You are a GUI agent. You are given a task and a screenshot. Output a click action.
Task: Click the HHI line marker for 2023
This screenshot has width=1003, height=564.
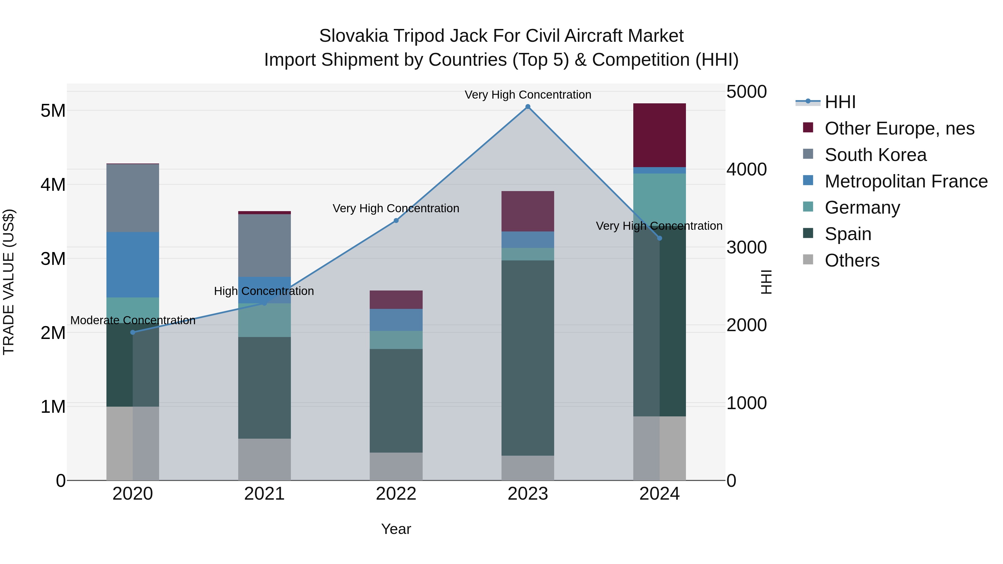pyautogui.click(x=528, y=107)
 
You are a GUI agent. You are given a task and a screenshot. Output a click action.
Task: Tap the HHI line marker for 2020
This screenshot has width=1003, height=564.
pyautogui.click(x=133, y=332)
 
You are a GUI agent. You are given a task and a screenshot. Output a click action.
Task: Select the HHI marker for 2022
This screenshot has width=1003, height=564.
pyautogui.click(x=396, y=221)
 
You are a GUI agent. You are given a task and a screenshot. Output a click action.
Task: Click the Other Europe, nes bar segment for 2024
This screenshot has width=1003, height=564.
pyautogui.click(x=659, y=135)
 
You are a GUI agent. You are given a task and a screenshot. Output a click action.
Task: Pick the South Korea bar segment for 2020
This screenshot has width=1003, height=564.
pyautogui.click(x=133, y=198)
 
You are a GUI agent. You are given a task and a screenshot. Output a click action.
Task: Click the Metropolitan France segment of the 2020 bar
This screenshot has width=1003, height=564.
pyautogui.click(x=133, y=265)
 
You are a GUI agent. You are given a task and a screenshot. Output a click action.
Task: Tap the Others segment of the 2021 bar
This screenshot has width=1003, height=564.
pyautogui.click(x=264, y=459)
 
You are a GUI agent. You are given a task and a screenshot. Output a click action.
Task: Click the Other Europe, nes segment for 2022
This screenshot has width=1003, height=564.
pyautogui.click(x=396, y=300)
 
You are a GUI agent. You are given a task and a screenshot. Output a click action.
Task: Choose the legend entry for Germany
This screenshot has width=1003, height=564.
pyautogui.click(x=862, y=207)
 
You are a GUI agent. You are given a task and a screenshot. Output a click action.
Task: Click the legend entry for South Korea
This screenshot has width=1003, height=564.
pyautogui.click(x=875, y=155)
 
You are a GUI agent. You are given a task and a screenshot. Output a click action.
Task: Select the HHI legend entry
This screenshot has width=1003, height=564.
pyautogui.click(x=840, y=102)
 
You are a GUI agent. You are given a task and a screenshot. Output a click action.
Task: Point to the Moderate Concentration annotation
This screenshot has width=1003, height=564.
pyautogui.click(x=133, y=320)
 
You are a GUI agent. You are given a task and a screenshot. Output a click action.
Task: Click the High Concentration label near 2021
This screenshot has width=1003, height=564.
pyautogui.click(x=264, y=291)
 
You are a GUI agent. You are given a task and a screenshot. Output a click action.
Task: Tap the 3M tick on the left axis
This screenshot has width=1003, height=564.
pyautogui.click(x=53, y=259)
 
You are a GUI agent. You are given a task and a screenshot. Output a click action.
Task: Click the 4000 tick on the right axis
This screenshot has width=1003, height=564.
pyautogui.click(x=746, y=170)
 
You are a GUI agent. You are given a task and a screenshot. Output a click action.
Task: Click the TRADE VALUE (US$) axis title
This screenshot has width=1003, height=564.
pyautogui.click(x=9, y=282)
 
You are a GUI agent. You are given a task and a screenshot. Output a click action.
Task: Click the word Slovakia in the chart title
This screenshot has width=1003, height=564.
pyautogui.click(x=354, y=36)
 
